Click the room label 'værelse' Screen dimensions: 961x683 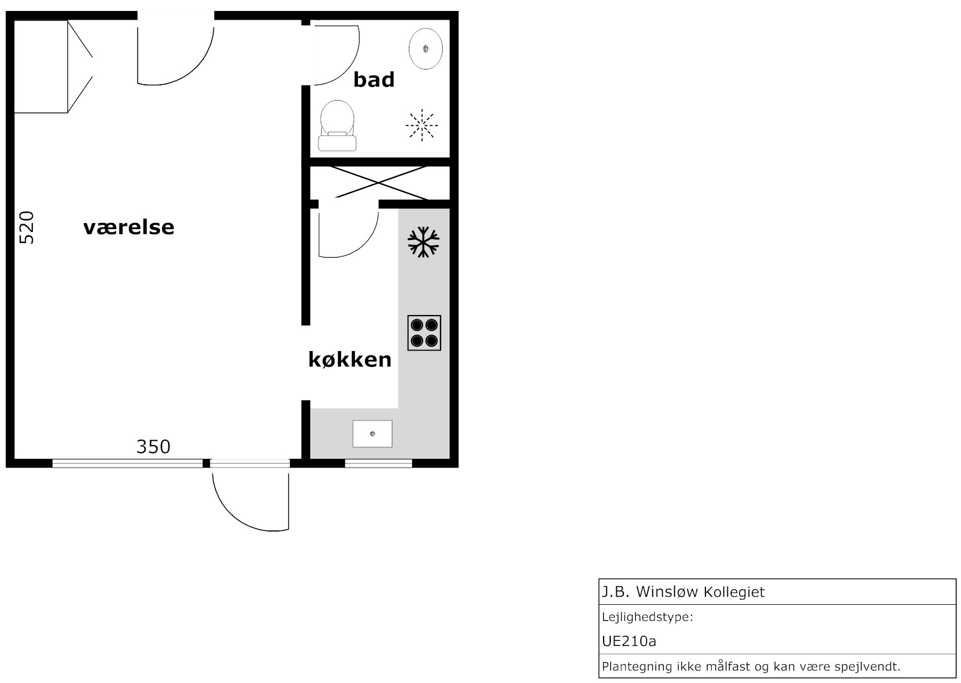(x=129, y=227)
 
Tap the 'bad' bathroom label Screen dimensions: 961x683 (x=374, y=80)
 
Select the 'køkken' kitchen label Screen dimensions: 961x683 (x=350, y=360)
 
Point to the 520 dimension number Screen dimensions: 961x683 (x=26, y=227)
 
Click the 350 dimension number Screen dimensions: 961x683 (x=153, y=447)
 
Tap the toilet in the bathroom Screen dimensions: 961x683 (x=337, y=125)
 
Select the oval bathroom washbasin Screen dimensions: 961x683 (x=426, y=49)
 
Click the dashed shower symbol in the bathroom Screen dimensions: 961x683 (x=422, y=125)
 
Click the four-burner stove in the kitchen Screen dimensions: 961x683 (x=424, y=332)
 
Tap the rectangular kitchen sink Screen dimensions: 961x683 (x=372, y=434)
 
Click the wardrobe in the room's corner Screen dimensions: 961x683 (x=53, y=67)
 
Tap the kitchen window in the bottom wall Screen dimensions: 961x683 (x=378, y=464)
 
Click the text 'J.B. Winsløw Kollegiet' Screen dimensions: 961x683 (x=684, y=592)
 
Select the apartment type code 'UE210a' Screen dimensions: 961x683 (x=629, y=641)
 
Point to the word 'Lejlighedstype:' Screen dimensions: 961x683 (x=647, y=617)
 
